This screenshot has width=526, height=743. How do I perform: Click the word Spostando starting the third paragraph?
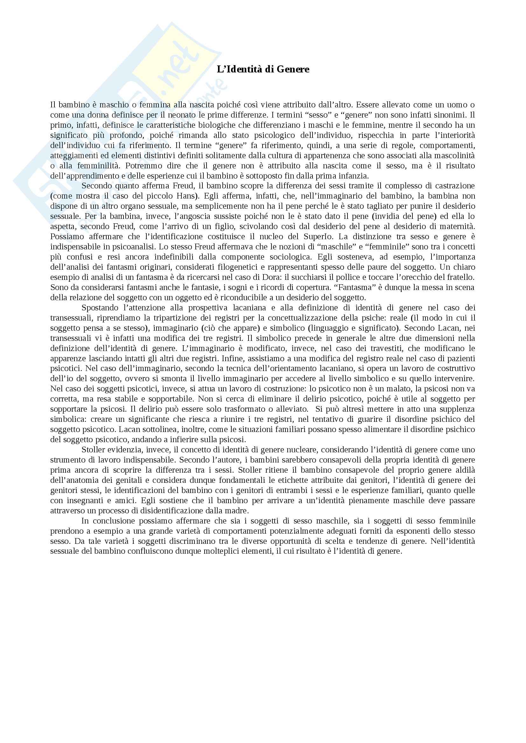coord(99,308)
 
